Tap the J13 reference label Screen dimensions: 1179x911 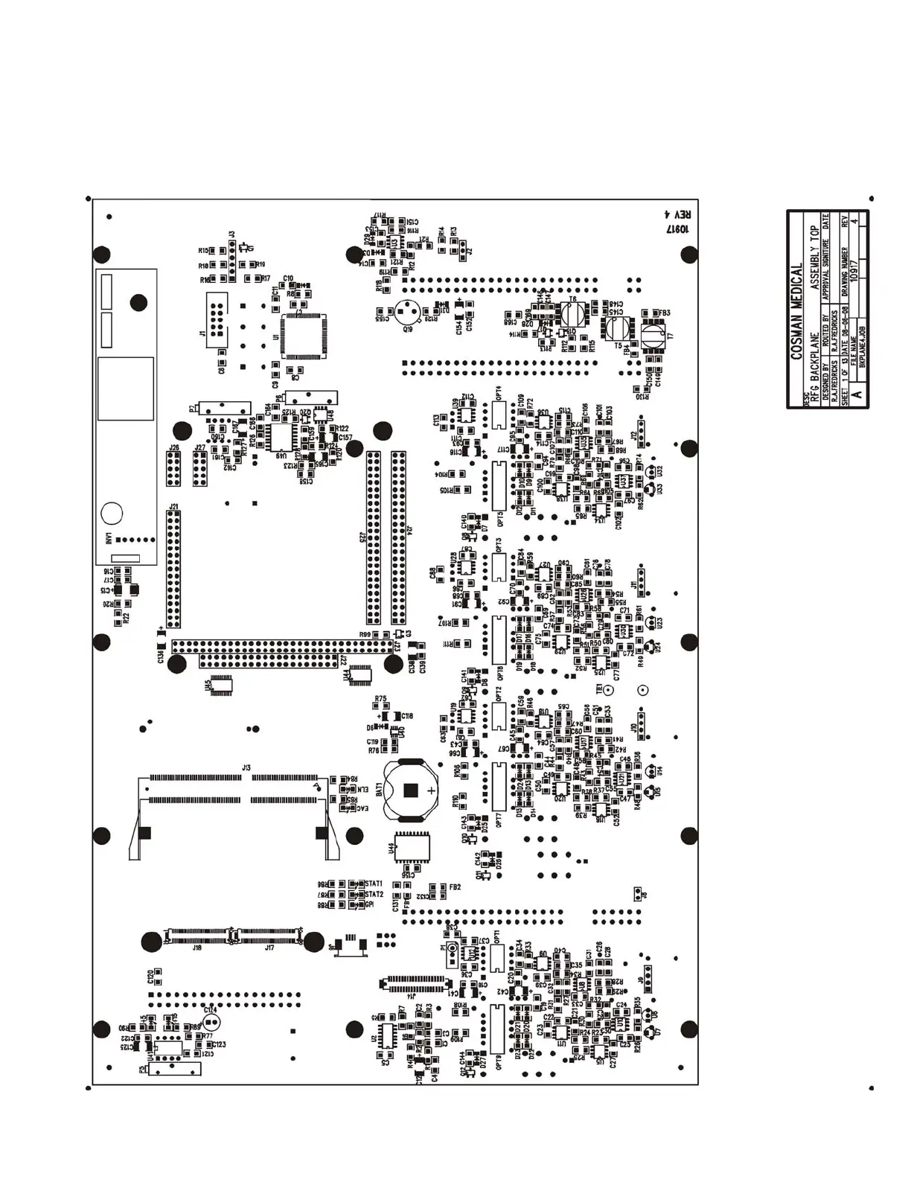(246, 767)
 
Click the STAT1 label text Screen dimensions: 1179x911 (374, 884)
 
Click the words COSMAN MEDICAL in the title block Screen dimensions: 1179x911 (797, 311)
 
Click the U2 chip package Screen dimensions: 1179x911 (387, 1035)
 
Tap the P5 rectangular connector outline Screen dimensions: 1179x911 (176, 1069)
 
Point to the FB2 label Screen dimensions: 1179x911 (455, 887)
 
